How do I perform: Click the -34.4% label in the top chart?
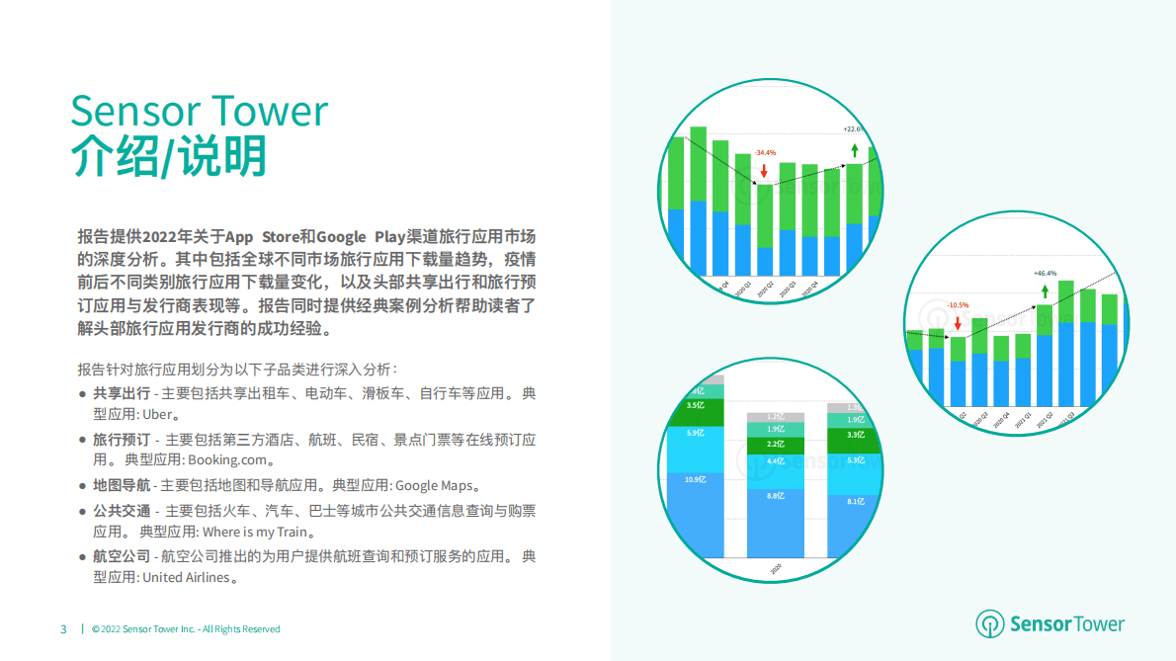click(x=766, y=153)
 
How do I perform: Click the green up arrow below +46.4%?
click(x=1045, y=290)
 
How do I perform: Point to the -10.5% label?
click(x=957, y=305)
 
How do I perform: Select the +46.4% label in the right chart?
click(x=1045, y=274)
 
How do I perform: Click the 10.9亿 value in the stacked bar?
click(x=696, y=479)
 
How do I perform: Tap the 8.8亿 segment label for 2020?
click(x=776, y=495)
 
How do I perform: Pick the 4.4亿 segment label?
click(x=776, y=460)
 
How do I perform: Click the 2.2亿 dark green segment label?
click(x=776, y=444)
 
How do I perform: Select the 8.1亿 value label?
click(x=856, y=501)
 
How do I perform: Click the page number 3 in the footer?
click(x=63, y=629)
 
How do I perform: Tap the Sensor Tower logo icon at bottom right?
click(x=989, y=624)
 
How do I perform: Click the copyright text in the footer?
click(x=186, y=629)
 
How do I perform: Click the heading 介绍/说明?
click(x=169, y=156)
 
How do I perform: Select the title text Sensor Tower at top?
click(x=199, y=110)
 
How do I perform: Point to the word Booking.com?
click(x=230, y=460)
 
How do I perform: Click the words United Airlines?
click(x=186, y=578)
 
